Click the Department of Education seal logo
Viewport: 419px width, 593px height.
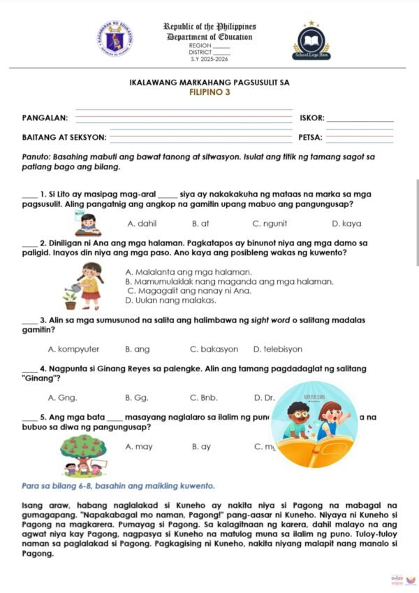click(x=115, y=38)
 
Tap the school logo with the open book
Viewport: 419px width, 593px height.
click(x=311, y=40)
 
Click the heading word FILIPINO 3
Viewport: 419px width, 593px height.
click(x=209, y=92)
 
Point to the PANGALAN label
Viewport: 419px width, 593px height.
click(x=45, y=118)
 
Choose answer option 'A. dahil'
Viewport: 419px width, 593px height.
click(x=142, y=224)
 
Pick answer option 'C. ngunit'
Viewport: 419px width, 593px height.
click(x=267, y=224)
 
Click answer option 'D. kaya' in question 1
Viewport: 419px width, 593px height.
click(x=346, y=224)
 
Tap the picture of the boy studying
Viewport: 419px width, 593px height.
click(x=89, y=224)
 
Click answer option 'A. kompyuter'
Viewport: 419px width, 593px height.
click(x=73, y=348)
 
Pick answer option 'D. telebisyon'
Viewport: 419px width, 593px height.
click(x=277, y=348)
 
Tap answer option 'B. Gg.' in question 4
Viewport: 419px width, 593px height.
click(x=137, y=397)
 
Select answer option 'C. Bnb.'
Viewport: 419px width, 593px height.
click(x=204, y=397)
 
